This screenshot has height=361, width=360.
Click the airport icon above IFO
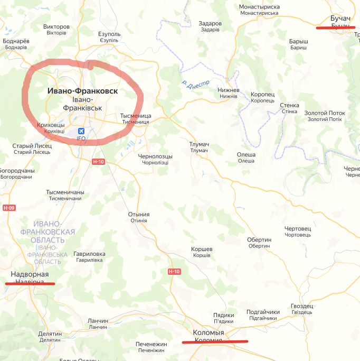pos(81,131)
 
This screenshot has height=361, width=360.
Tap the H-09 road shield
pos(9,208)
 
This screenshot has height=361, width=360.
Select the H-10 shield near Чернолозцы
pos(98,162)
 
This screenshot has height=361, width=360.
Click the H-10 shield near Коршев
pos(174,272)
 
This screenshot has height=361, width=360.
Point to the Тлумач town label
pos(199,144)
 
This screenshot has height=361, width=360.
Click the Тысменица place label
pos(136,116)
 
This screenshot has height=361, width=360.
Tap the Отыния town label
pos(139,215)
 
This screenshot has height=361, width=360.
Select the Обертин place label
pos(259,240)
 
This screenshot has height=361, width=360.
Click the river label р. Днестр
pos(195,84)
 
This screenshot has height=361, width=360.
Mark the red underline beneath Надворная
pos(30,283)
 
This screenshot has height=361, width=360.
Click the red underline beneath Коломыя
pos(215,342)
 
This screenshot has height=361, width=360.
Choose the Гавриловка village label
pos(89,254)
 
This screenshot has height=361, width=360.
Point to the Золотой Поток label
pos(325,113)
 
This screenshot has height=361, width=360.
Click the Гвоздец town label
pos(302,306)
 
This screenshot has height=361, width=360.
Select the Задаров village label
pos(210,24)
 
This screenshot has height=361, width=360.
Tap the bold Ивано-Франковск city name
pos(82,91)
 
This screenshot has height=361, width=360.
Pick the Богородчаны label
pos(17,171)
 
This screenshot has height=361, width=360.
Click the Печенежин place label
pos(151,344)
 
